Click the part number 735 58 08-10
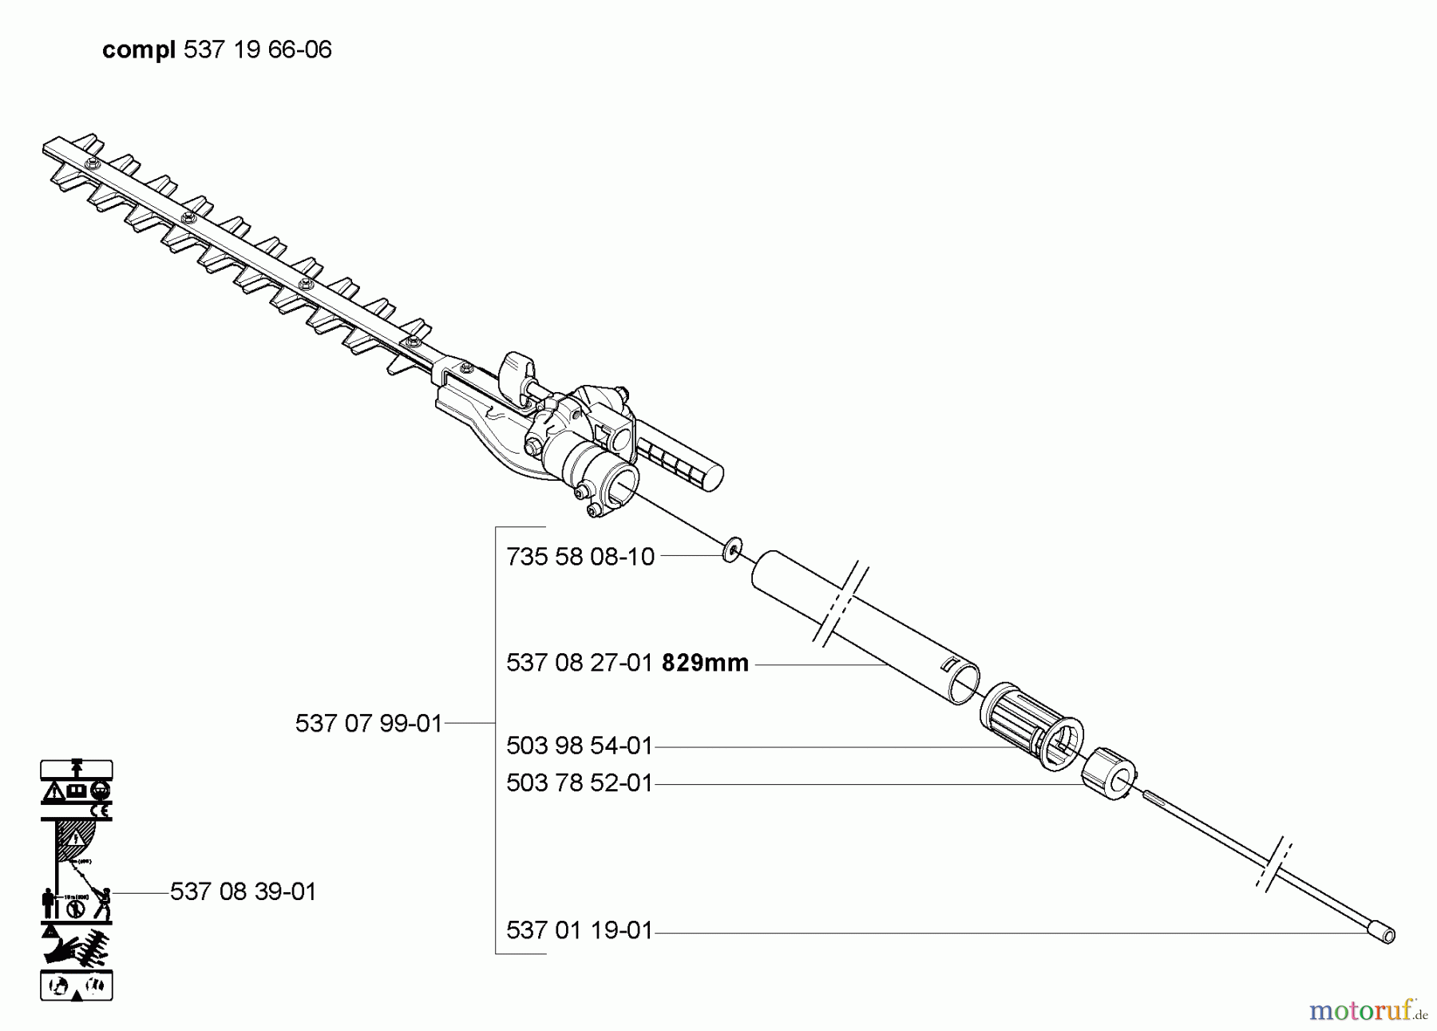[580, 557]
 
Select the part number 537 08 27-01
[580, 663]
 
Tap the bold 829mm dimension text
[706, 663]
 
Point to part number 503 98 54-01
[580, 746]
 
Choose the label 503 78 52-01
[580, 783]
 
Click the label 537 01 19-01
[580, 930]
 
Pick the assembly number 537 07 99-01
[369, 724]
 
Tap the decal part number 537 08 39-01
[243, 891]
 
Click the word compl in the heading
[139, 50]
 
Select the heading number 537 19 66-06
[258, 50]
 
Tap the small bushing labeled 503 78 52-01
[1110, 773]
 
